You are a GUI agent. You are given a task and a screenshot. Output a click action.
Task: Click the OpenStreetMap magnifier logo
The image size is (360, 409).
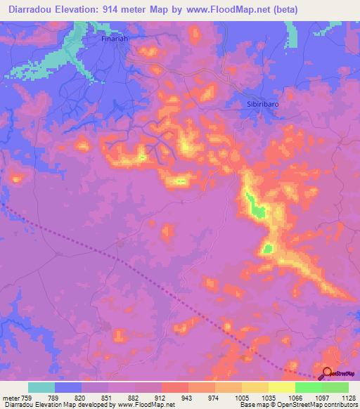coord(327,372)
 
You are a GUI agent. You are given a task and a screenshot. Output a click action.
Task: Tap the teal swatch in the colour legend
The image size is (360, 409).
coord(41,387)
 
